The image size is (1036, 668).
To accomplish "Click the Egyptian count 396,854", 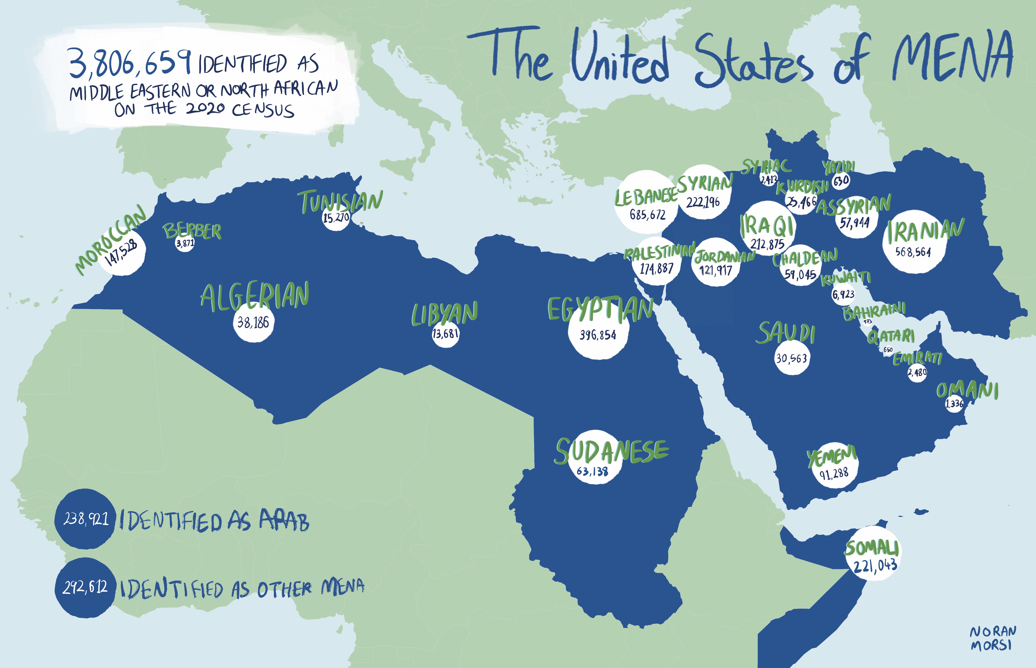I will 598,335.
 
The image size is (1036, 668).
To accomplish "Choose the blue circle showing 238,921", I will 85,519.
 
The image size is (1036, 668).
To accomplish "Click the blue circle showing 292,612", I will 85,587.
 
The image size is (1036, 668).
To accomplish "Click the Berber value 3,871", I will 185,243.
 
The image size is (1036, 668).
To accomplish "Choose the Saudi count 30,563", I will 792,358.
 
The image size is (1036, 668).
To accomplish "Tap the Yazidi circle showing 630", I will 841,180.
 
